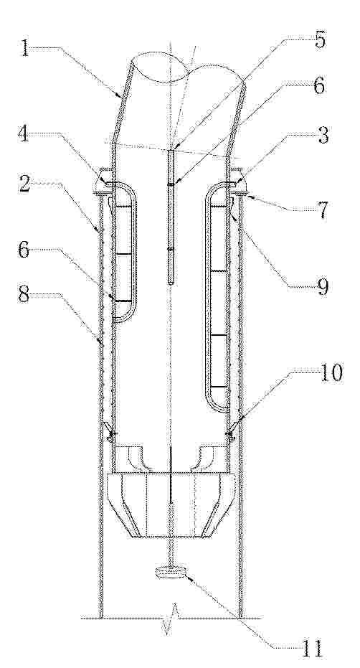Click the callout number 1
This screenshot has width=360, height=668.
point(25,49)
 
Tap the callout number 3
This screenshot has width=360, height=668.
point(323,136)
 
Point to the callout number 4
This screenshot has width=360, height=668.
point(24,135)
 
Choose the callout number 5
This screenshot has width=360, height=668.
point(319,40)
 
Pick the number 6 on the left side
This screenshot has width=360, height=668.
point(24,250)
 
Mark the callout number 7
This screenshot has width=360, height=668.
point(323,210)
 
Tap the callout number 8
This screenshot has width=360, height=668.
point(24,295)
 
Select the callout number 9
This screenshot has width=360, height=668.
point(323,286)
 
